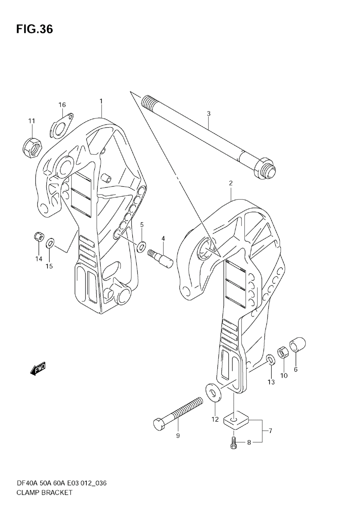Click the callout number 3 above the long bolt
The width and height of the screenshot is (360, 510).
pos(209,114)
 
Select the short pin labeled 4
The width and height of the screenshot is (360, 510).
pos(161,256)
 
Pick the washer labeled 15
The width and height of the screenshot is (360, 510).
pos(50,244)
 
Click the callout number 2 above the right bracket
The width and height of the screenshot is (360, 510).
pos(230,183)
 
